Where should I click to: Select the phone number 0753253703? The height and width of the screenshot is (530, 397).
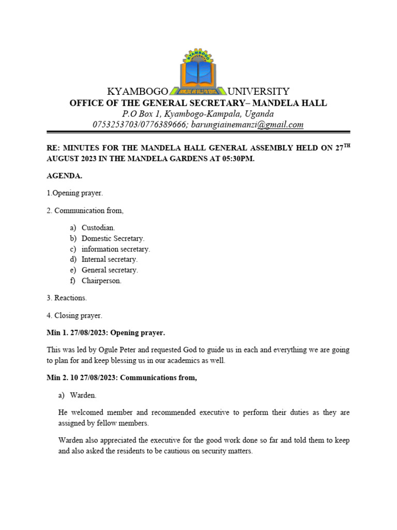114,125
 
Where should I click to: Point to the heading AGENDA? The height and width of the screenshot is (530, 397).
65,175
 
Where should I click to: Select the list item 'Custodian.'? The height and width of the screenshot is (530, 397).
98,228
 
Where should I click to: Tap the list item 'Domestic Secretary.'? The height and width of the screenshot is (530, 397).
113,239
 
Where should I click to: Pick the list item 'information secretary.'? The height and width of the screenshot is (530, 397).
116,249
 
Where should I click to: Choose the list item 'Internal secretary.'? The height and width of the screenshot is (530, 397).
109,259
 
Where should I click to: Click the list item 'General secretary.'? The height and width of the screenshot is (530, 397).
110,270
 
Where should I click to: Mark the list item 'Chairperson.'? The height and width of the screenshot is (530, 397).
101,281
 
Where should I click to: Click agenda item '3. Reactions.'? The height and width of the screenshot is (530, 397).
67,298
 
